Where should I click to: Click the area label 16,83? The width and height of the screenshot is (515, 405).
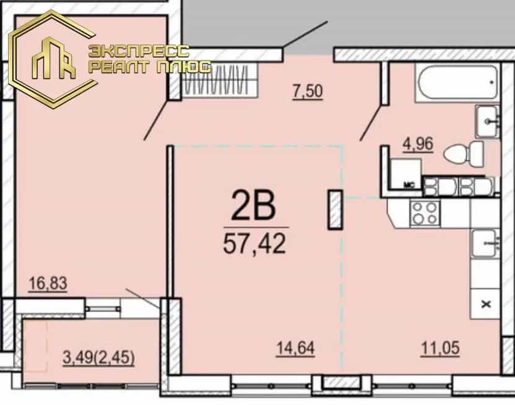click(x=48, y=284)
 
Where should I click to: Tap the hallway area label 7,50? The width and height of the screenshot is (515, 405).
click(x=308, y=91)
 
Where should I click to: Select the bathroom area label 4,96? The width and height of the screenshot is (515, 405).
click(x=418, y=144)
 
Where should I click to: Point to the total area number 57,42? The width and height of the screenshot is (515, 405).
click(x=254, y=243)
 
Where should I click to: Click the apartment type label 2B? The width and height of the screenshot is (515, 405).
click(x=253, y=206)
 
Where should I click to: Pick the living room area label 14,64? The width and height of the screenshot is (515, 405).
click(x=296, y=348)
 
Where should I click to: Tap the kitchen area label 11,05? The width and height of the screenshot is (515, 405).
click(x=440, y=348)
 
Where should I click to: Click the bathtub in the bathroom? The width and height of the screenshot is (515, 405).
click(x=457, y=82)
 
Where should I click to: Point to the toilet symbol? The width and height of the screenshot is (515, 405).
click(x=464, y=154)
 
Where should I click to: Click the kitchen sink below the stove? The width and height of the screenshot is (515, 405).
click(x=485, y=243)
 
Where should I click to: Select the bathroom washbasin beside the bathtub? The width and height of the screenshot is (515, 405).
click(x=488, y=121)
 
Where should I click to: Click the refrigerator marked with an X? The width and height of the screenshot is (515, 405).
click(x=485, y=304)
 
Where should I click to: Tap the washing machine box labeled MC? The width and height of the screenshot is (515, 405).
click(x=407, y=174)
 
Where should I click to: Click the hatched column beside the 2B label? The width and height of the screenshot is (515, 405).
click(x=335, y=209)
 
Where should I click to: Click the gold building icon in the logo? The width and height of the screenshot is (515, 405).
click(x=53, y=58)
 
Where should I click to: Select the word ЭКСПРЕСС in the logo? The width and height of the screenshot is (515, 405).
click(x=139, y=51)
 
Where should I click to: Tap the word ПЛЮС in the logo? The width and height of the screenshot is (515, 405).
click(x=183, y=67)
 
